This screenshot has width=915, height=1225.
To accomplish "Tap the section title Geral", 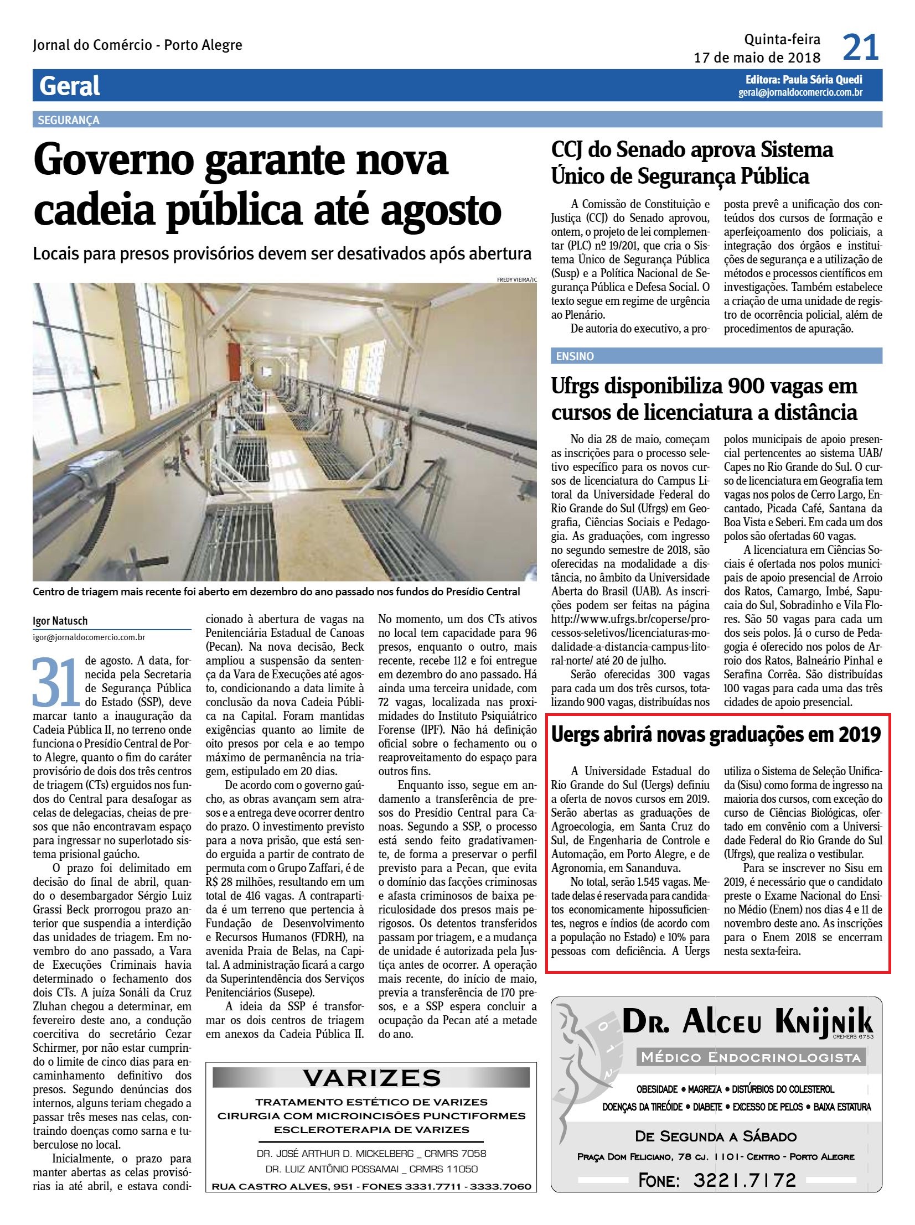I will (x=70, y=86).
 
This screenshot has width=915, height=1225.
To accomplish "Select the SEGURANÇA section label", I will (x=69, y=120).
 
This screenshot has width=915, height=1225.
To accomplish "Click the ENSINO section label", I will (x=575, y=356).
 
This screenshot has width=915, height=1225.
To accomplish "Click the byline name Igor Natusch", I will (x=60, y=621).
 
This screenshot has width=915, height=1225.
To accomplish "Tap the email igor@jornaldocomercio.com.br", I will (x=89, y=638).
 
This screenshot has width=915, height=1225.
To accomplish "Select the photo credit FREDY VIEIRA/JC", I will (x=517, y=279).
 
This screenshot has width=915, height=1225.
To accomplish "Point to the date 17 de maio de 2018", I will (x=757, y=58).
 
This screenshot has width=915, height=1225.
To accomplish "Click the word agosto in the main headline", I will (x=429, y=211).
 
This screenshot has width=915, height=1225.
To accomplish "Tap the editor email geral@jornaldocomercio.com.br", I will (x=800, y=93).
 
